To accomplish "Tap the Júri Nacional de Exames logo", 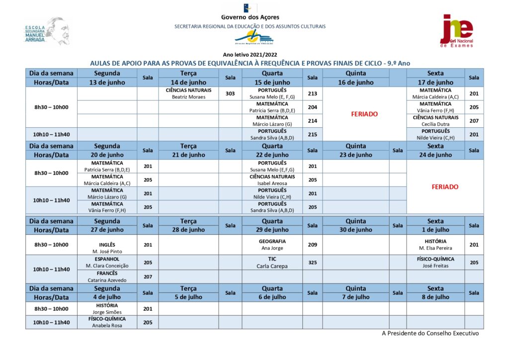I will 457,30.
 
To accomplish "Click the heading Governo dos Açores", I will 250,17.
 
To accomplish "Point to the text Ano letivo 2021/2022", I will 251,55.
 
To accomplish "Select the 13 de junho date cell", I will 107,83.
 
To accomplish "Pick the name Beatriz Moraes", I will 188,97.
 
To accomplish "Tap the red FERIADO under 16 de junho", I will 364,114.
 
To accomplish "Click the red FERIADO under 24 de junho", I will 445,187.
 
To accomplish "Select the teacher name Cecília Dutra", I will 435,124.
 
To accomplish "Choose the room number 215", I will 312,134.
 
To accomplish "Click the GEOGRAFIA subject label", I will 272,241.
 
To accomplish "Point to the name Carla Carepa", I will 272,266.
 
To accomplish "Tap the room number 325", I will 312,263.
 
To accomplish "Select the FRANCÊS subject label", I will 107,273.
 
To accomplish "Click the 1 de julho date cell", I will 435,230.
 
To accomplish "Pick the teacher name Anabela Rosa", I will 107,326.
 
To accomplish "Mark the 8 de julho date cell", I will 435,297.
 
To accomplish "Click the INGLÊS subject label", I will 107,245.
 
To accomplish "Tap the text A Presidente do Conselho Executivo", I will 430,334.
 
